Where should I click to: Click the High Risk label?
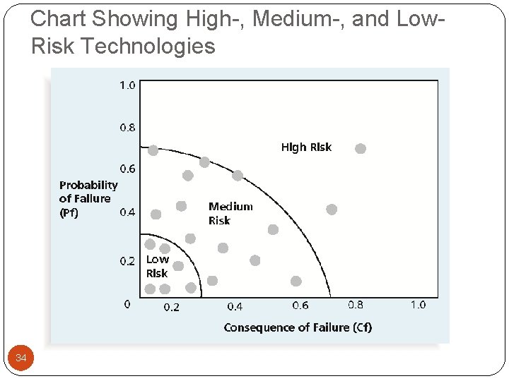coord(306,147)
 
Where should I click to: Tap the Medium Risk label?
coord(230,213)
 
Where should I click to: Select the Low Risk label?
coord(157,266)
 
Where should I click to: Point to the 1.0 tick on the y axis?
coord(127,85)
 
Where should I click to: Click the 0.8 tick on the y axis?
coord(127,128)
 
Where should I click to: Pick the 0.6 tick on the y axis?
coord(127,169)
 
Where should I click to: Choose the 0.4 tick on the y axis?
coord(128,212)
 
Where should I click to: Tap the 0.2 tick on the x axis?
coord(172,307)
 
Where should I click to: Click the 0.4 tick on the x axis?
coord(235,307)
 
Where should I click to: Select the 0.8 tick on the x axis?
coord(356,305)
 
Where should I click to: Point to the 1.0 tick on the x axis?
coord(418,305)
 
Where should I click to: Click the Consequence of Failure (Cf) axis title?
coord(298,327)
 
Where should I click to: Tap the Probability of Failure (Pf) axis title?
coord(88,199)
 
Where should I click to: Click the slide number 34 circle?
coord(21,358)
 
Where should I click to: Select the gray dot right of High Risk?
coord(361,148)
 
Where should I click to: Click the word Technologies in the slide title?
coord(148,47)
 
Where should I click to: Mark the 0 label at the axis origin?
coord(127,305)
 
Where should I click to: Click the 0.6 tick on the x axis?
coord(300,306)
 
